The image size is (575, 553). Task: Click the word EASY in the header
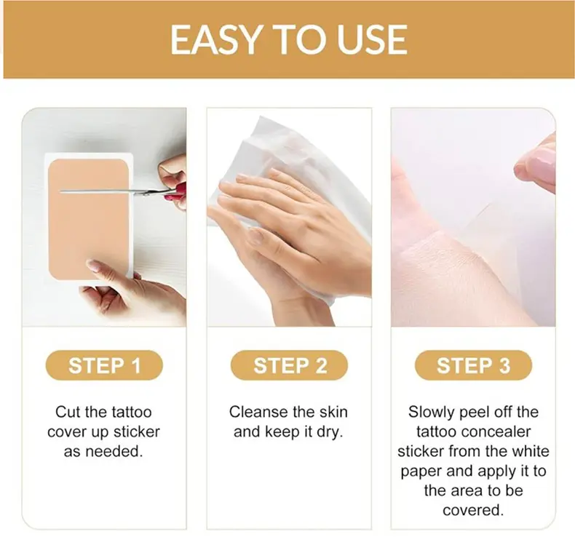216,39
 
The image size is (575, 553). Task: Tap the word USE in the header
372,39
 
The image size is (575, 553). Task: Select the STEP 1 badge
104,365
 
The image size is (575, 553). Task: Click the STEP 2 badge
290,365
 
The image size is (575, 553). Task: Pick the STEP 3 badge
473,365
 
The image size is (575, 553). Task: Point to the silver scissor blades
110,191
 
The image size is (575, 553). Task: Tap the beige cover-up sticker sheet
89,219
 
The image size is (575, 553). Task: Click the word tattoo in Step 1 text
132,412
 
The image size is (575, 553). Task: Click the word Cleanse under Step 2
258,412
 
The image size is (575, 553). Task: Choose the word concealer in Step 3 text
497,432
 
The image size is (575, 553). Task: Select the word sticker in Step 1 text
137,432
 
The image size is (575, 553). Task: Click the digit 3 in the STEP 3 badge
505,365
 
